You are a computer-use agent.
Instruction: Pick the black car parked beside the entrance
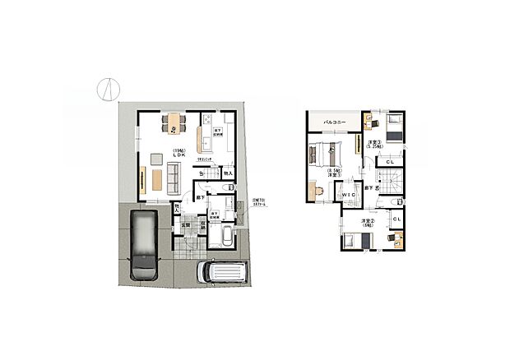pos(142,243)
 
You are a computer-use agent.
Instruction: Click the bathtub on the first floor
pos(221,237)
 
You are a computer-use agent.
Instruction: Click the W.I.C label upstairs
pos(348,194)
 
